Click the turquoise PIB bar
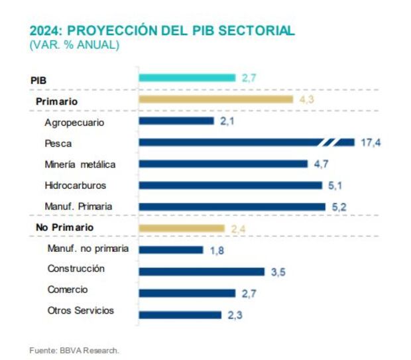click(x=187, y=78)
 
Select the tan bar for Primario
click(x=215, y=99)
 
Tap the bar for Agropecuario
click(x=176, y=121)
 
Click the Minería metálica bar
click(x=223, y=164)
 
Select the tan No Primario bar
click(x=182, y=228)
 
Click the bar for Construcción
click(x=202, y=271)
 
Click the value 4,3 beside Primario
click(x=306, y=99)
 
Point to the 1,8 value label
click(x=216, y=250)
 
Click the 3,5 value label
click(x=278, y=271)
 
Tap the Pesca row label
click(x=58, y=143)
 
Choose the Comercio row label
click(x=68, y=290)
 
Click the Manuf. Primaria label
click(x=78, y=206)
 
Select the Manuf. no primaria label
click(x=88, y=249)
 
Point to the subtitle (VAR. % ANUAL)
click(x=74, y=45)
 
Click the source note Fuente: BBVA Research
click(x=74, y=349)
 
